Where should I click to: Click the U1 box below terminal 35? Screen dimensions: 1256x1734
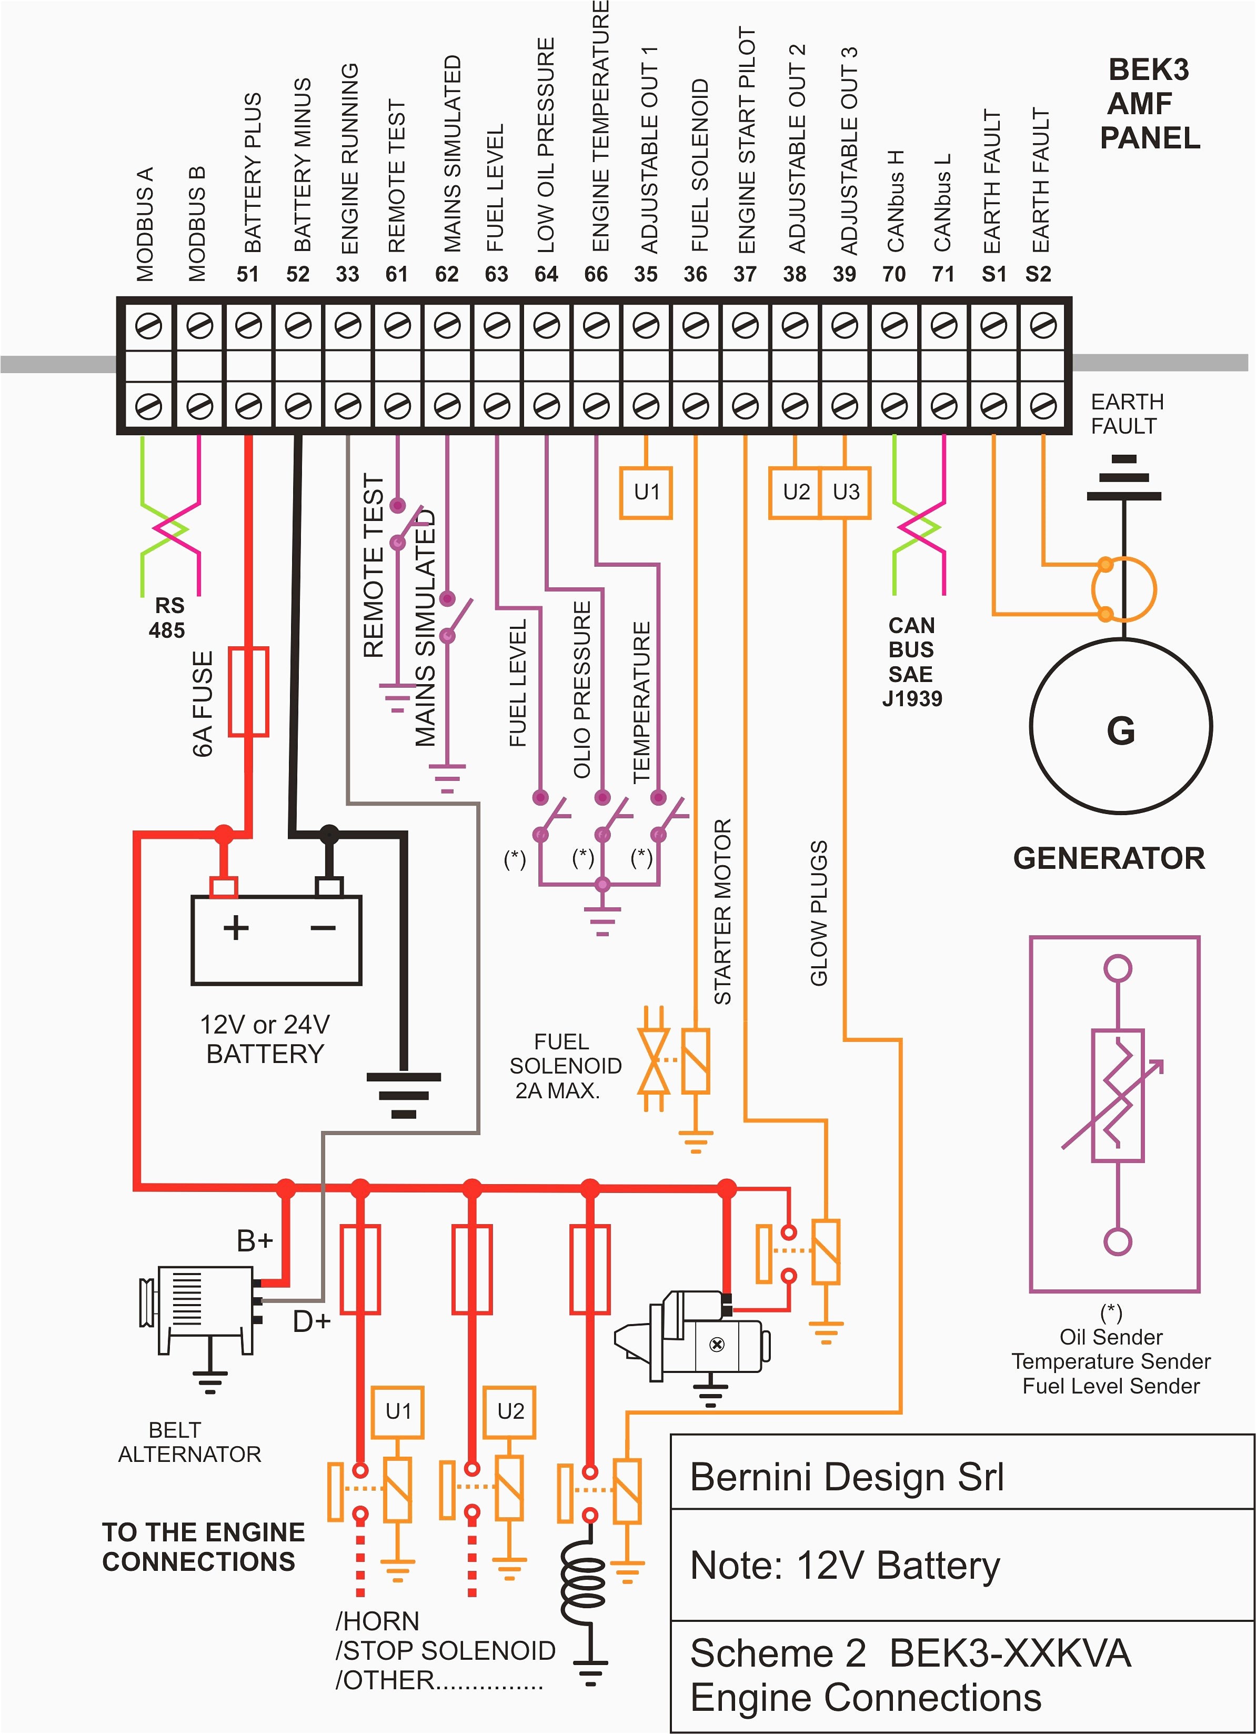[646, 493]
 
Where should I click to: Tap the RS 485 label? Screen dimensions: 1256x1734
[167, 618]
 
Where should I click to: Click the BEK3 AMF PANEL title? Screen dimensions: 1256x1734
[1149, 104]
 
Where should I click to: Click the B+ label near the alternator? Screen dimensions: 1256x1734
[255, 1241]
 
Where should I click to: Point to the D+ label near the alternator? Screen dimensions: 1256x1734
[311, 1320]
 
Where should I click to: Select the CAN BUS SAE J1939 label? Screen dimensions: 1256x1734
[912, 662]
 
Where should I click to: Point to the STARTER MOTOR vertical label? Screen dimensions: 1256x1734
[722, 911]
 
